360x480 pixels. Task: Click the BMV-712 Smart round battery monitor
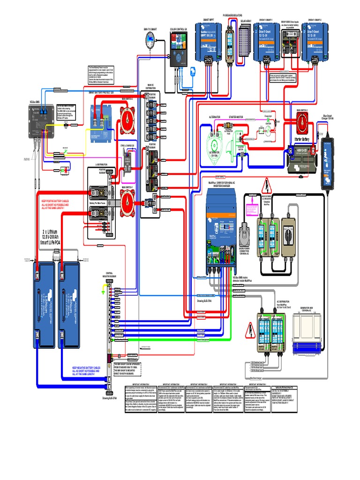coord(150,40)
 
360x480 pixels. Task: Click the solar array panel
coord(247,40)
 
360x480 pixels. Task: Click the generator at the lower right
coord(307,333)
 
